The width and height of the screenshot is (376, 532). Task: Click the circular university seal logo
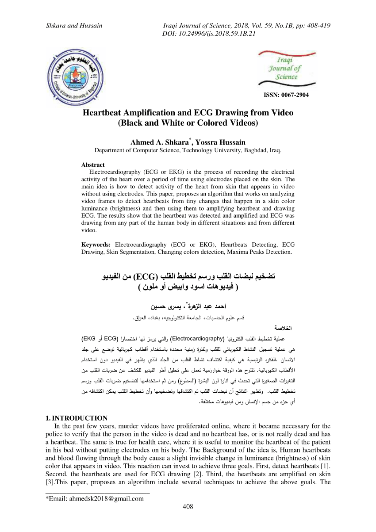(74, 76)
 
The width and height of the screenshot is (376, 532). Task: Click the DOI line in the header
(209, 33)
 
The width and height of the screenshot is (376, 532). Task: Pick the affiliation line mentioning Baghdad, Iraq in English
(188, 150)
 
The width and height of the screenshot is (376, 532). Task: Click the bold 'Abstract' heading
(93, 165)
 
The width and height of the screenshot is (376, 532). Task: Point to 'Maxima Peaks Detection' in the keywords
(257, 252)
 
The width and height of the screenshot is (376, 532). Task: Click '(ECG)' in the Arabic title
(145, 277)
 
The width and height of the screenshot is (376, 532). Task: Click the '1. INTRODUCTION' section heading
(77, 418)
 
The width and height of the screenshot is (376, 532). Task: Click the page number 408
(188, 507)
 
